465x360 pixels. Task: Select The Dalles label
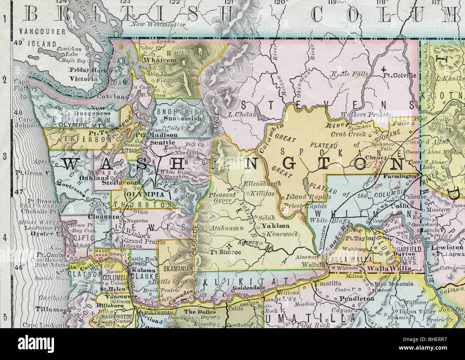(x=200, y=312)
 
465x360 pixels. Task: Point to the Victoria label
(x=84, y=79)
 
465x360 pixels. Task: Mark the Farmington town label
(x=400, y=176)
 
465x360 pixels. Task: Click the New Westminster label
(x=158, y=25)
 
